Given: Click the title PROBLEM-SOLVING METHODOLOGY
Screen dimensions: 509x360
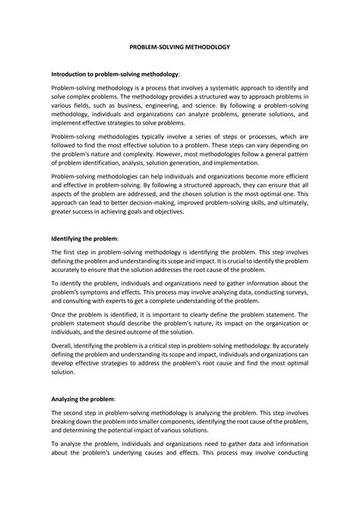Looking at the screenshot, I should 180,46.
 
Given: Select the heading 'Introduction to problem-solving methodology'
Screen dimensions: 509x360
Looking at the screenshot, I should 115,75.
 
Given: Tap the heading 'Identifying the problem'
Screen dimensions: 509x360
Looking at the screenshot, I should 84,238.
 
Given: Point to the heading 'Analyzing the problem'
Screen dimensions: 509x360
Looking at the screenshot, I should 82,398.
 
